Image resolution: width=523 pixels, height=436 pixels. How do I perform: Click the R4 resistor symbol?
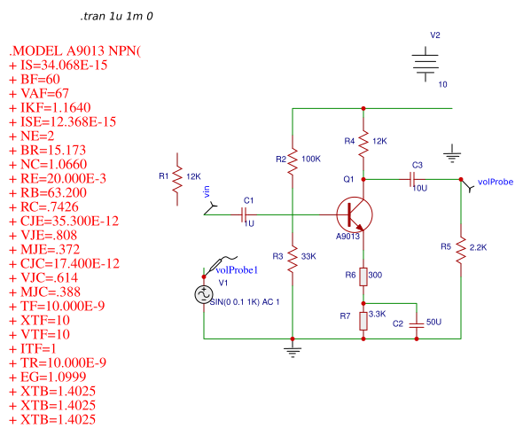coord(363,140)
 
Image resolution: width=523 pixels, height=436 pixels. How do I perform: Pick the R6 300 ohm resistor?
coord(363,276)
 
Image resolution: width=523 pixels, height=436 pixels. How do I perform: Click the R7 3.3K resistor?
coord(363,319)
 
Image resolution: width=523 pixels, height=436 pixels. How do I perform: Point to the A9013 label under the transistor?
coord(348,237)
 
